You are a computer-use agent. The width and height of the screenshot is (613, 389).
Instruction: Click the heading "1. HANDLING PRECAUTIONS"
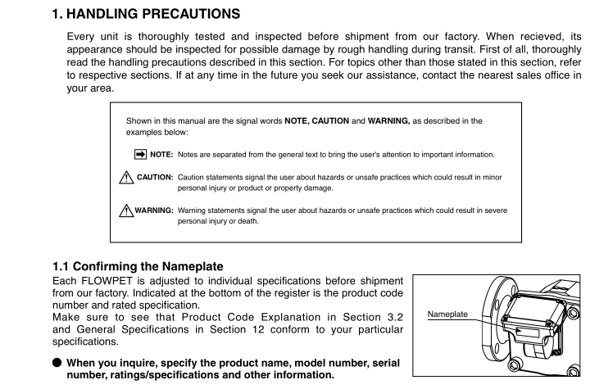click(147, 13)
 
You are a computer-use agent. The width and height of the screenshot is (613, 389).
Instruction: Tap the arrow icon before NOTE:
click(139, 154)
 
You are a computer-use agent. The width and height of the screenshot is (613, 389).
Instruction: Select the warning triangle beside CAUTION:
click(126, 177)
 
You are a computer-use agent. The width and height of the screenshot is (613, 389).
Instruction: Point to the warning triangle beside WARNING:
click(126, 210)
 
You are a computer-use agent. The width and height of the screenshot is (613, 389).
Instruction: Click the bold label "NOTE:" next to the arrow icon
click(161, 154)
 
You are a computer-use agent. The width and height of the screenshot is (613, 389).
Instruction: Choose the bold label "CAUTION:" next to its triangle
click(155, 177)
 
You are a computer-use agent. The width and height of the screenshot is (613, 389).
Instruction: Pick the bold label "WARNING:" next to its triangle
click(154, 210)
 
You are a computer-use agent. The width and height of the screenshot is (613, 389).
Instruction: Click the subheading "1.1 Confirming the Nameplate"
click(138, 266)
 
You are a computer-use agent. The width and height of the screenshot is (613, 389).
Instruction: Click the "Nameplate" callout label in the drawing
click(447, 314)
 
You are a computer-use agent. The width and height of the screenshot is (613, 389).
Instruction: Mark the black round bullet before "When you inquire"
click(57, 363)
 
